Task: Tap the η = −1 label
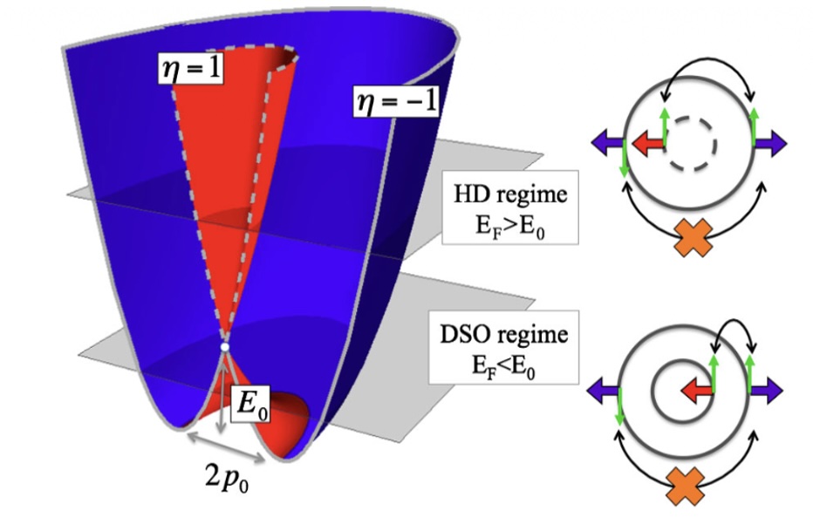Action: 396,100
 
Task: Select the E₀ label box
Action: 251,403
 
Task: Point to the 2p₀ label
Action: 227,478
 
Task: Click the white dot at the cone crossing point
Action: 224,347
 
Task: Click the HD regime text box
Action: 510,208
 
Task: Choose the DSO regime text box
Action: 503,347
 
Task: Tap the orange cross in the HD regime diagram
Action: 693,237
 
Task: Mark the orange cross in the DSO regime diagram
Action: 685,486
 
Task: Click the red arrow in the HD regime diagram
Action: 649,143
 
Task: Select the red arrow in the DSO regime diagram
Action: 696,391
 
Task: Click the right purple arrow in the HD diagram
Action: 770,143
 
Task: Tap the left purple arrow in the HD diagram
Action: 608,143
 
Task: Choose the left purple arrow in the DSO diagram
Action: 603,390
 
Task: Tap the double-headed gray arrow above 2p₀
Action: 226,448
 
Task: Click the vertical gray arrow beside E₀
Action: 222,395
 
